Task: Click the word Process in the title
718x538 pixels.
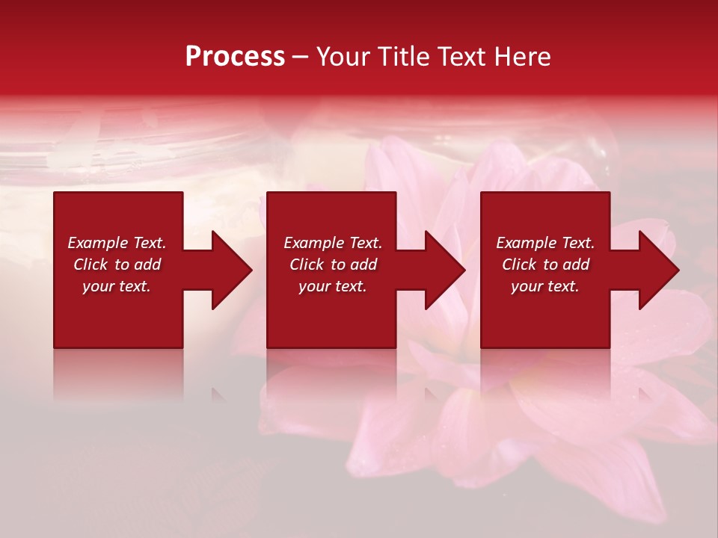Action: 235,57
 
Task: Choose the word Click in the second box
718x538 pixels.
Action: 307,265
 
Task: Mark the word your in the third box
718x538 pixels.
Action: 528,286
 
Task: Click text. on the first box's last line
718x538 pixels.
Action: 134,286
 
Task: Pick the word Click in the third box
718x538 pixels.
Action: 519,265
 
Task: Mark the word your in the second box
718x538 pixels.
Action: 316,286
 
